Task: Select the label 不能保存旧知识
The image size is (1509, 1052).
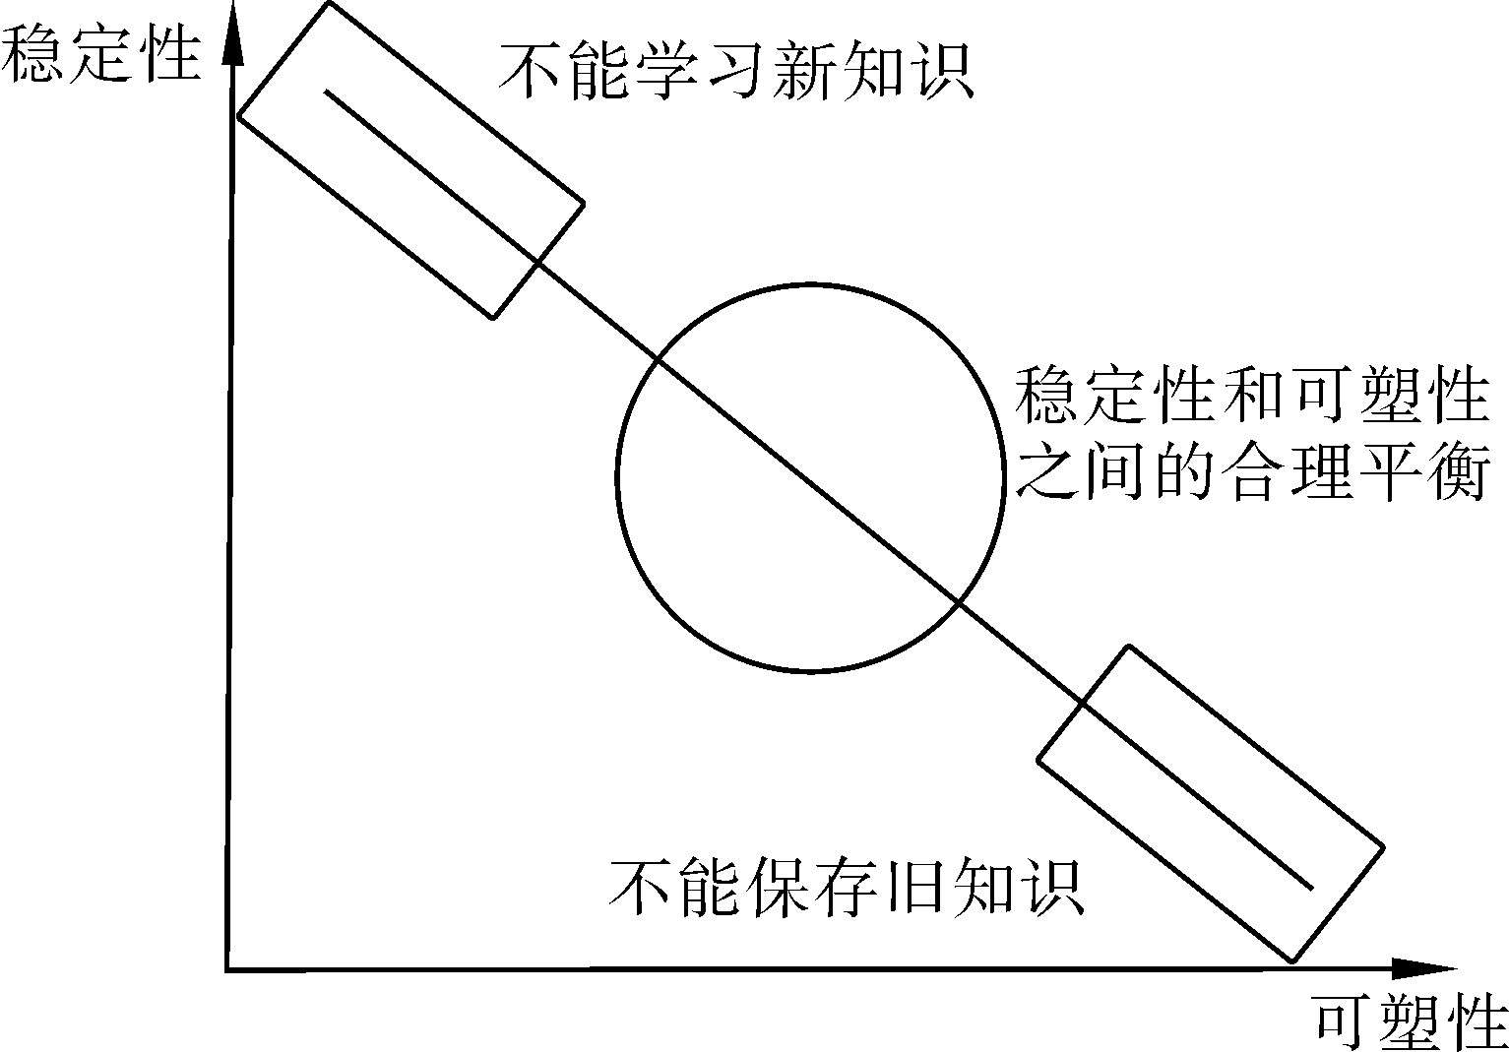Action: pos(847,888)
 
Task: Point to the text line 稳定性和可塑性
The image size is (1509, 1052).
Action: pos(1250,398)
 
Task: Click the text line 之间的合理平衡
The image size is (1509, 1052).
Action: pos(1250,470)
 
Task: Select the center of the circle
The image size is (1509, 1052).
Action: pos(810,478)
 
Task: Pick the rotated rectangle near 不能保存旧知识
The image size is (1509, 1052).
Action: pos(1211,803)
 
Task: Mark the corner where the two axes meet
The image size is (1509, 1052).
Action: pos(227,970)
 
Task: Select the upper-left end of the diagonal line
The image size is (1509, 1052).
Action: pos(327,93)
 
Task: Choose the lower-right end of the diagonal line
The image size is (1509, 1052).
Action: pos(1311,889)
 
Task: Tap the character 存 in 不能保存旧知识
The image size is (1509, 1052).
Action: pos(847,888)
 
